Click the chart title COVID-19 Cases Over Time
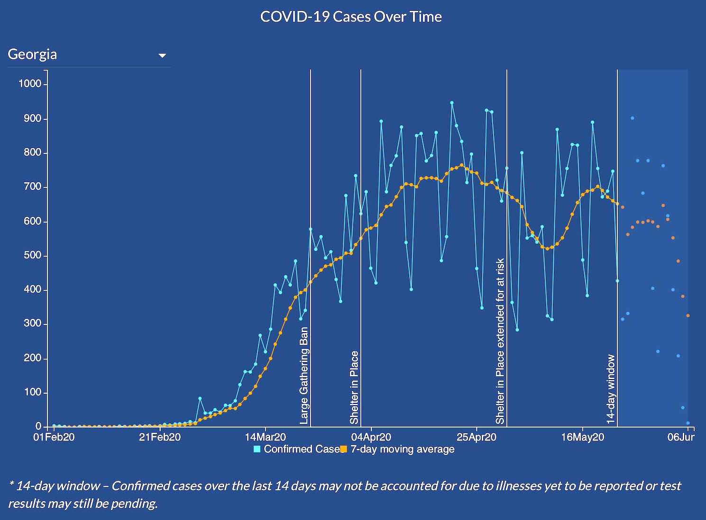(351, 17)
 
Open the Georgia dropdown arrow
(162, 56)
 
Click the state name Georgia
(32, 54)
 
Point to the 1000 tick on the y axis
(30, 84)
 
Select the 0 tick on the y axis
(38, 427)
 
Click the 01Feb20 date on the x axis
(54, 437)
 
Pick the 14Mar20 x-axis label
(265, 437)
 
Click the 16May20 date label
(583, 437)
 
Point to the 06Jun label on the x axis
(681, 437)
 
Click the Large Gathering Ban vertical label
(304, 375)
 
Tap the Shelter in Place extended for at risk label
(500, 341)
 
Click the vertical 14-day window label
(611, 389)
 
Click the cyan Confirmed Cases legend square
(257, 449)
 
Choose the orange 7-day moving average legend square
(344, 449)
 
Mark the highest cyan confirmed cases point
(452, 102)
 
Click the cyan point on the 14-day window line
(617, 281)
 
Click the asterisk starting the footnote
(11, 484)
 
